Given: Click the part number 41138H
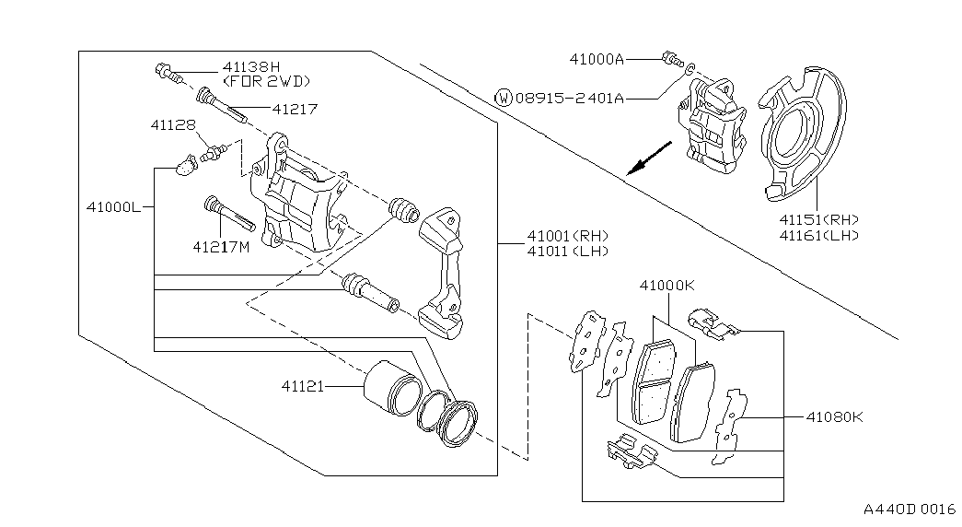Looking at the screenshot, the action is [x=251, y=66].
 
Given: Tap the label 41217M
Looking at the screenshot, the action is [x=222, y=248].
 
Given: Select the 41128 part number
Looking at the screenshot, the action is [x=173, y=125].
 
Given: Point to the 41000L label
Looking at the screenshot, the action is [x=113, y=207].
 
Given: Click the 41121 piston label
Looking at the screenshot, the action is [x=303, y=386].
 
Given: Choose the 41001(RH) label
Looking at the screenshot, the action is [x=568, y=236].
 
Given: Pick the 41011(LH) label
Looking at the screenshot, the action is [x=568, y=252].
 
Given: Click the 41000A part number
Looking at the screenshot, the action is [x=597, y=60].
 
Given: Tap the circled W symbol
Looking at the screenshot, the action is [x=503, y=97].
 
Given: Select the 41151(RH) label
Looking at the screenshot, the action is [x=819, y=219].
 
